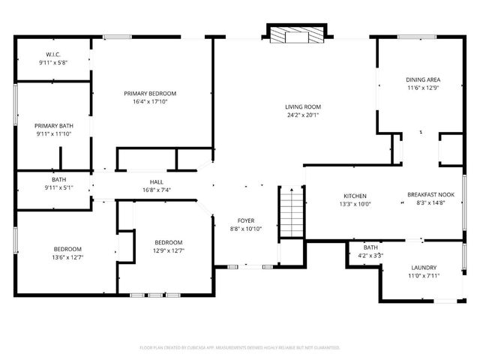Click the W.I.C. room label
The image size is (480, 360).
(52, 54)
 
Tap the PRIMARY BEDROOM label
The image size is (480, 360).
(155, 93)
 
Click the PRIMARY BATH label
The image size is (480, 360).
(53, 125)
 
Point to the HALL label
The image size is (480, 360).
(156, 181)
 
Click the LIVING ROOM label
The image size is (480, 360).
(302, 106)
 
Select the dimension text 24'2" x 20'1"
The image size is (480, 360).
(302, 115)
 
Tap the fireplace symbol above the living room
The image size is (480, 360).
(298, 35)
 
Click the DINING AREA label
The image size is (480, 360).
(422, 79)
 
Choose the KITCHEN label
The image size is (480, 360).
(355, 195)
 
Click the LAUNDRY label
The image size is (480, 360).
(424, 268)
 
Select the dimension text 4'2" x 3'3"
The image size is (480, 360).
(370, 256)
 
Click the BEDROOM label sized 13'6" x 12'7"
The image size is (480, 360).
(67, 249)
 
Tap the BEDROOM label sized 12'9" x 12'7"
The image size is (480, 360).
(168, 242)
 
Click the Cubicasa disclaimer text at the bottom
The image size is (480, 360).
(240, 347)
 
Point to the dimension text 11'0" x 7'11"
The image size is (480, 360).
(424, 276)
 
